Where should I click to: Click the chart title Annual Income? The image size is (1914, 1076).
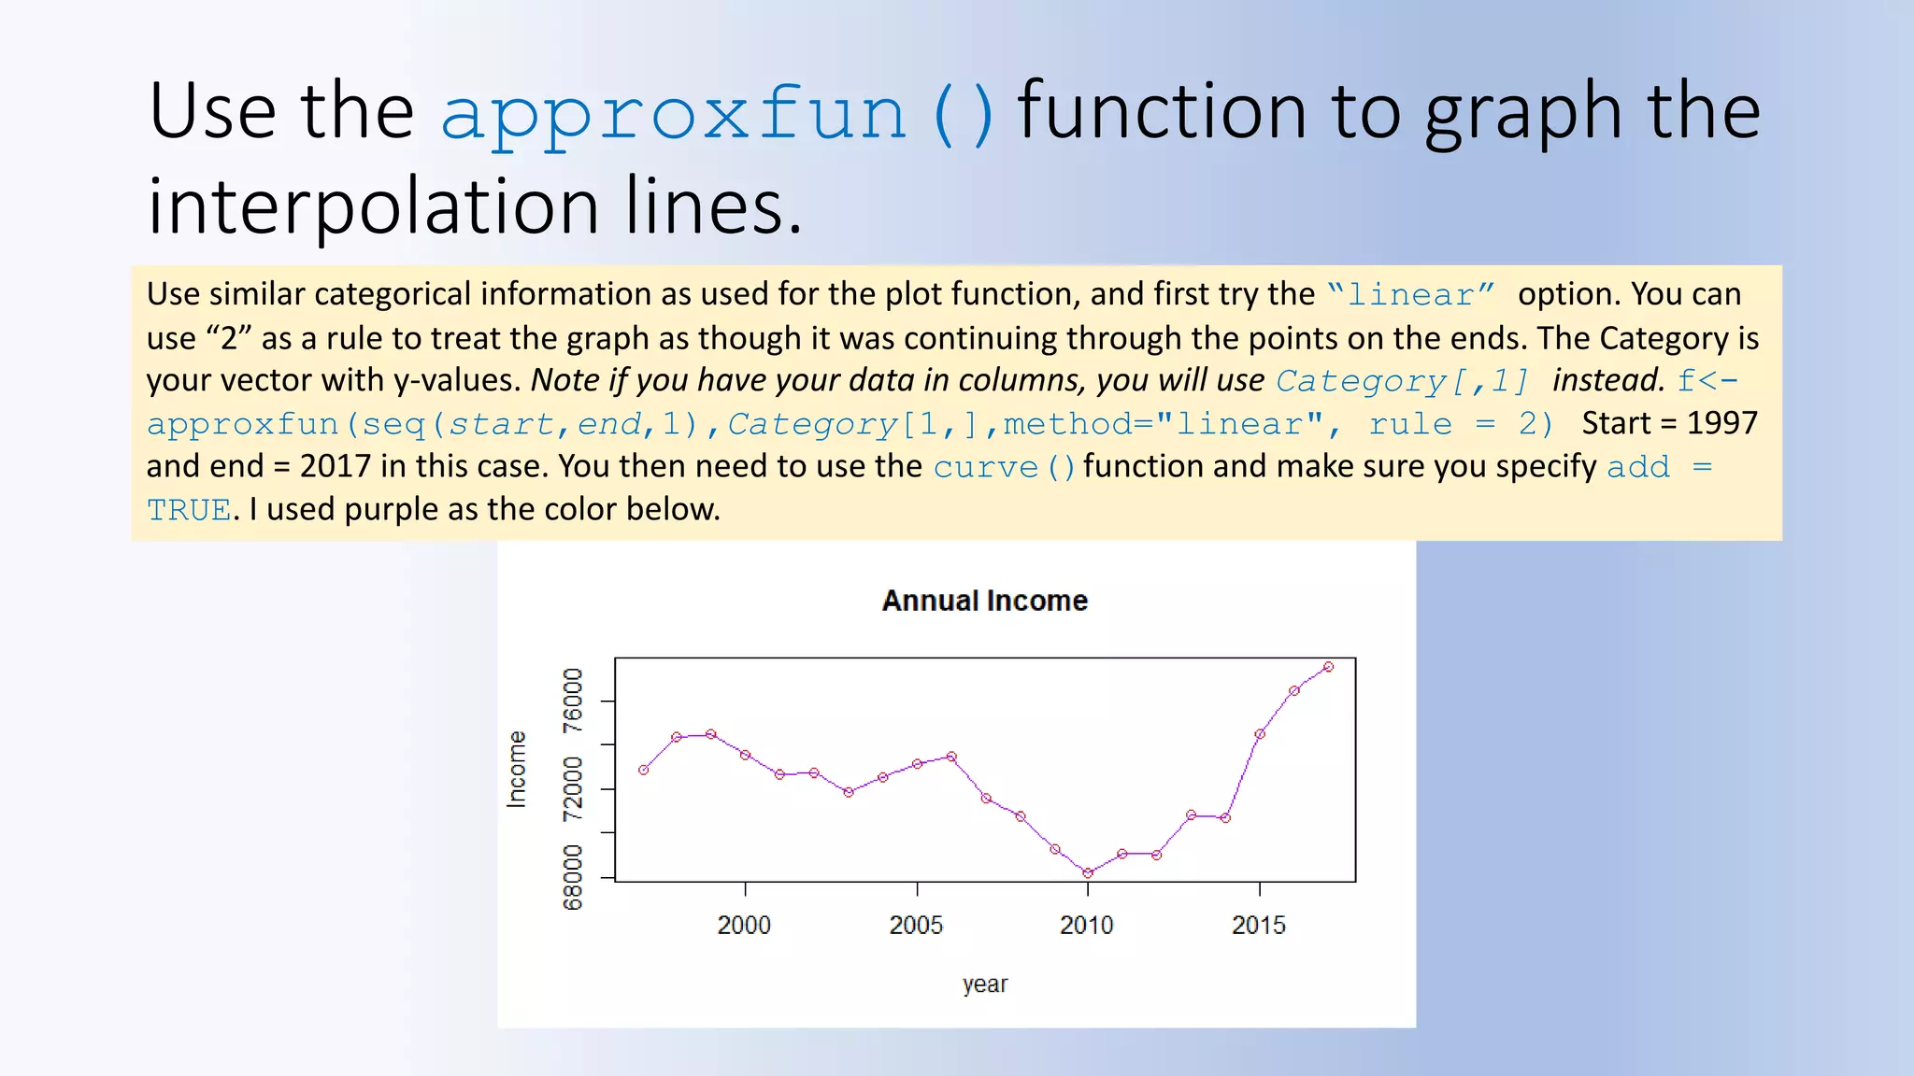[x=985, y=601]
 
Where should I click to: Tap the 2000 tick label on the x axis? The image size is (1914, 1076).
[x=744, y=925]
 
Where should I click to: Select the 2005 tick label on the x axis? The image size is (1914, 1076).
[x=916, y=925]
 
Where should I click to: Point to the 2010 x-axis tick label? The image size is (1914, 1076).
[x=1087, y=925]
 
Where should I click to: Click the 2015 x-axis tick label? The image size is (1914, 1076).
[x=1259, y=925]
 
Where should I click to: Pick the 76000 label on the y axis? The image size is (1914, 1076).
[x=573, y=701]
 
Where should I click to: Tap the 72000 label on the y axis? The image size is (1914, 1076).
[x=573, y=789]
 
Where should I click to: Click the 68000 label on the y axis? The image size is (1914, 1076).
[x=573, y=877]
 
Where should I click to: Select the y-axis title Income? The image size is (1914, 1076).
[x=517, y=769]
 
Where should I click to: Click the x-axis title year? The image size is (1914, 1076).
[x=985, y=984]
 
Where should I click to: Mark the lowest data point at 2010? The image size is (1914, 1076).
[x=1088, y=873]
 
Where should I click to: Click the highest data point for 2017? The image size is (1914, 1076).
[x=1328, y=667]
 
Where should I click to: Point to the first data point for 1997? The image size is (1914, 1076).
[x=643, y=770]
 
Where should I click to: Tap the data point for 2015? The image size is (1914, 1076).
[x=1260, y=734]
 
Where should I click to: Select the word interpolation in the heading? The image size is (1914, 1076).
[x=374, y=206]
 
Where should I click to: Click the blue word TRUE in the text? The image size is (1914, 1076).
[x=189, y=510]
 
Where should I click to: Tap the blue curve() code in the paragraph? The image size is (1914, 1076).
[x=1004, y=467]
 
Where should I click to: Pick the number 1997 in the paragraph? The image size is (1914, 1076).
[x=1721, y=424]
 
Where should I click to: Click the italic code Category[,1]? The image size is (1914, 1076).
[x=1402, y=381]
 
